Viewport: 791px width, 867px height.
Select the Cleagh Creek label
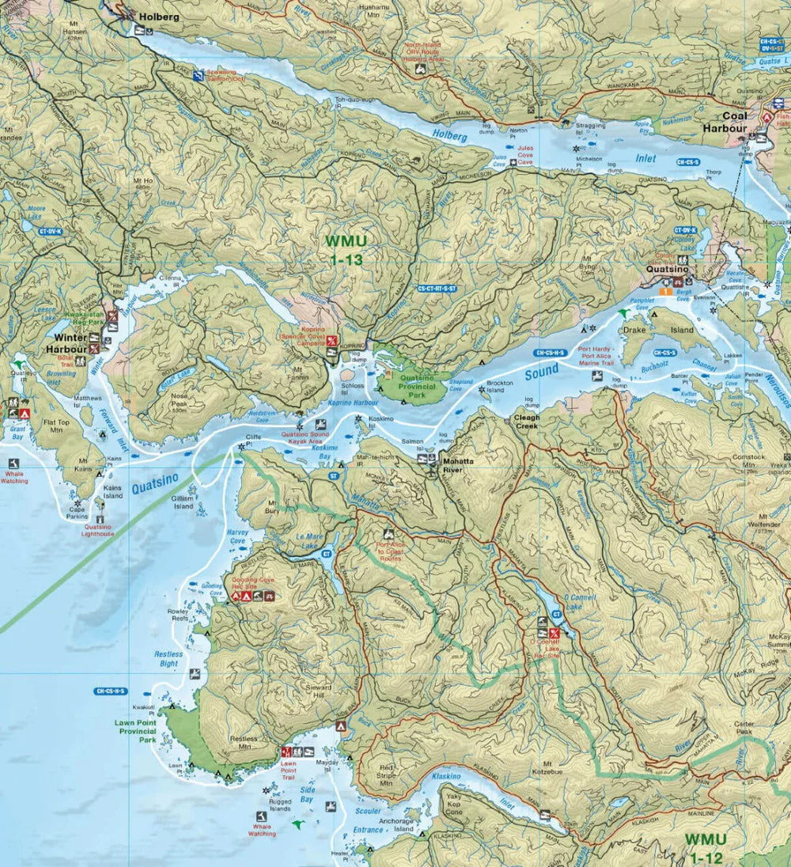pyautogui.click(x=527, y=422)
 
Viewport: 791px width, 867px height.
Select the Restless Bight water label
pyautogui.click(x=167, y=659)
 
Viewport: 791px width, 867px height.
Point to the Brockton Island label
pyautogui.click(x=500, y=386)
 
